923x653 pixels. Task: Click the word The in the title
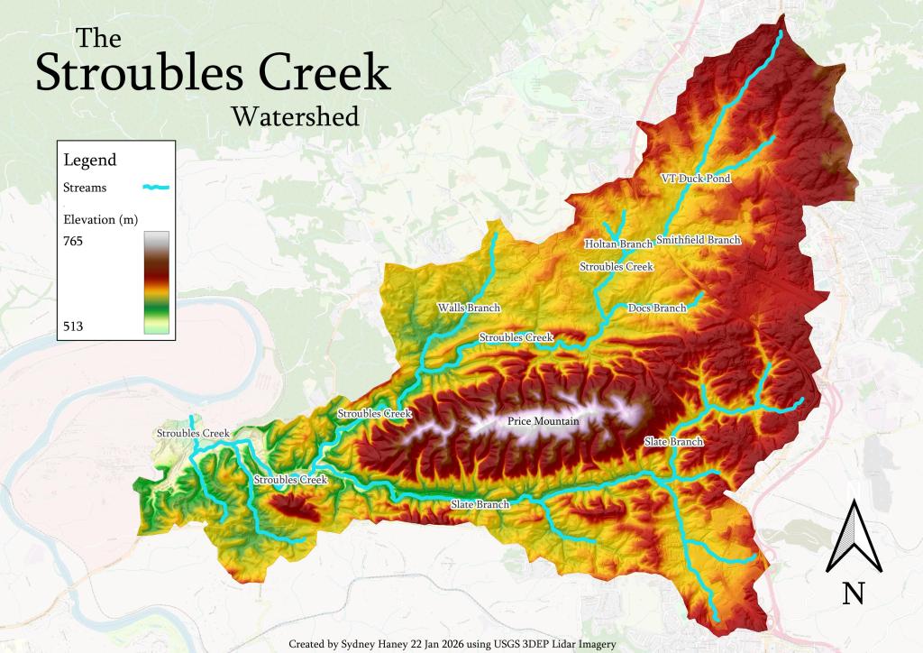click(98, 38)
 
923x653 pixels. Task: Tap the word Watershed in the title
click(294, 117)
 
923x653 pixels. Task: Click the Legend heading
click(89, 161)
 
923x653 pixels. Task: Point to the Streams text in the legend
click(86, 189)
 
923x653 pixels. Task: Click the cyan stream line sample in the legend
click(156, 188)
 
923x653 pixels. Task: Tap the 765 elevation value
click(74, 242)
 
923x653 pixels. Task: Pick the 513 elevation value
click(74, 326)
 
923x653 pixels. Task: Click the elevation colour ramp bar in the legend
click(156, 282)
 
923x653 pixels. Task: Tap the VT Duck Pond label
click(695, 179)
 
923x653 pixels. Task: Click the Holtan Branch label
click(617, 244)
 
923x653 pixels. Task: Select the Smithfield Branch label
click(699, 240)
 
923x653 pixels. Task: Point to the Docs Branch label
click(656, 308)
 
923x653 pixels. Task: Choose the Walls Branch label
click(469, 308)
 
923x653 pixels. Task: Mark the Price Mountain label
click(543, 421)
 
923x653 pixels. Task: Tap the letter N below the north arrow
click(854, 593)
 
